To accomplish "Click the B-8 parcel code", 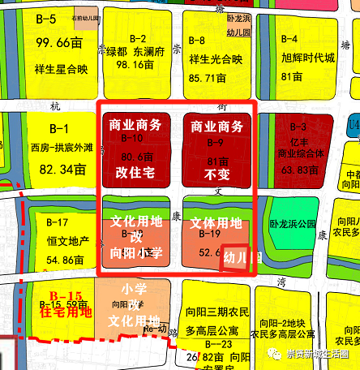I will (196, 39).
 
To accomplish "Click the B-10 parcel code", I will (132, 139).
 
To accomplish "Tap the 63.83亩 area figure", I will (315, 170).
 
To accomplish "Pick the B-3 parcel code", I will (298, 127).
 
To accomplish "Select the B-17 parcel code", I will (58, 222).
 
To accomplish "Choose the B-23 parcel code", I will (216, 344).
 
